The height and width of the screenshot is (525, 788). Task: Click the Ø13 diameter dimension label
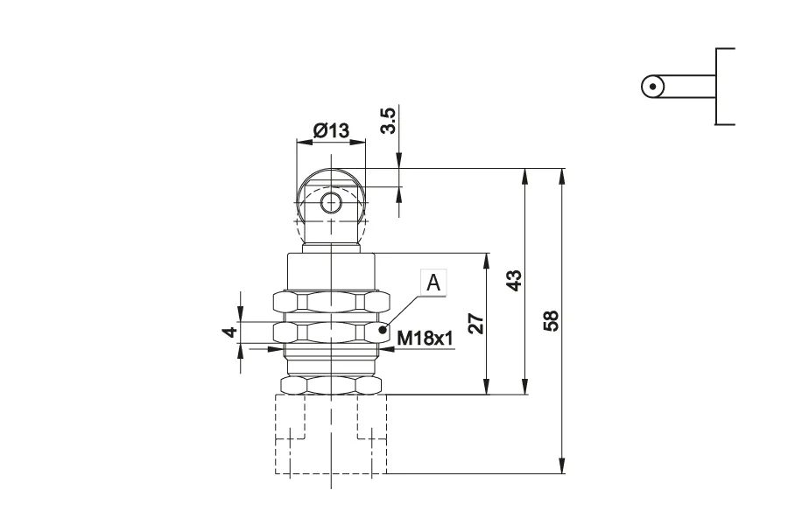(x=331, y=130)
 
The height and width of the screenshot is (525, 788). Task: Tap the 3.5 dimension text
(x=389, y=121)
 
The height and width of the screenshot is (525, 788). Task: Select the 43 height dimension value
(x=514, y=280)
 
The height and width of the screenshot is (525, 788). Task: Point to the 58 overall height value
(x=551, y=320)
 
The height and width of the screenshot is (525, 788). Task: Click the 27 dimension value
(x=475, y=324)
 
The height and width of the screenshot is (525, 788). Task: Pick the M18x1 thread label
(x=426, y=339)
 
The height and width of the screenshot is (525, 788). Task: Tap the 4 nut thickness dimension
(x=230, y=332)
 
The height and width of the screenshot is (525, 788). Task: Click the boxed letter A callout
(x=433, y=283)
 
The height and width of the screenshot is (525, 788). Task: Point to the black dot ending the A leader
(x=383, y=330)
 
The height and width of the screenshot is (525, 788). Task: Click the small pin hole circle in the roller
(x=331, y=204)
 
